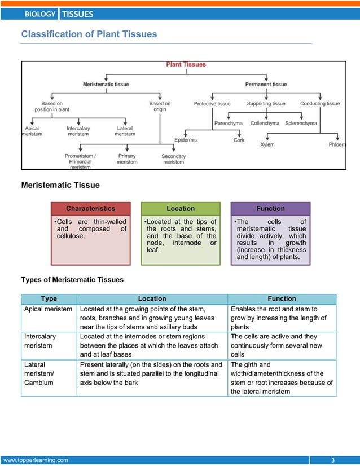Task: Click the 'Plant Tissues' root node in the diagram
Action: (x=186, y=64)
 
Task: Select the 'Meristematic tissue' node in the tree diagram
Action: (x=106, y=85)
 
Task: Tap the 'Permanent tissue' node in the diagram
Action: (x=266, y=85)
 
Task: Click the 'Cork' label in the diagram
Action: (x=239, y=140)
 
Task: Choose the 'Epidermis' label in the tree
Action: (x=186, y=140)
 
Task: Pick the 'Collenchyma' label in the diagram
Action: (x=266, y=123)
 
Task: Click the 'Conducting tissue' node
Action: (x=320, y=104)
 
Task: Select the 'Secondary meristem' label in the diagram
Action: (x=174, y=159)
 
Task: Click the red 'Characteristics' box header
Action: (x=90, y=209)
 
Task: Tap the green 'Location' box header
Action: (x=181, y=209)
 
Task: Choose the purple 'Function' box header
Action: (x=270, y=209)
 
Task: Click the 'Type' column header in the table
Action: (x=49, y=298)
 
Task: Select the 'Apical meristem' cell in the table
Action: (x=48, y=309)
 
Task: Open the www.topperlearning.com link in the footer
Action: (x=36, y=460)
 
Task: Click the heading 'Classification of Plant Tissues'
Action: (x=89, y=34)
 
